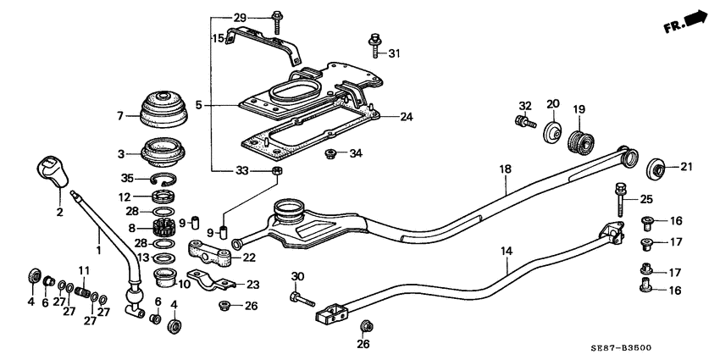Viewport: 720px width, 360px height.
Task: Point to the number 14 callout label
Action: pos(507,252)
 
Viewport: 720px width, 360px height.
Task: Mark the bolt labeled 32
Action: pos(525,123)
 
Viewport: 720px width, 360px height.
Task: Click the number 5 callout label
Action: pos(198,106)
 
